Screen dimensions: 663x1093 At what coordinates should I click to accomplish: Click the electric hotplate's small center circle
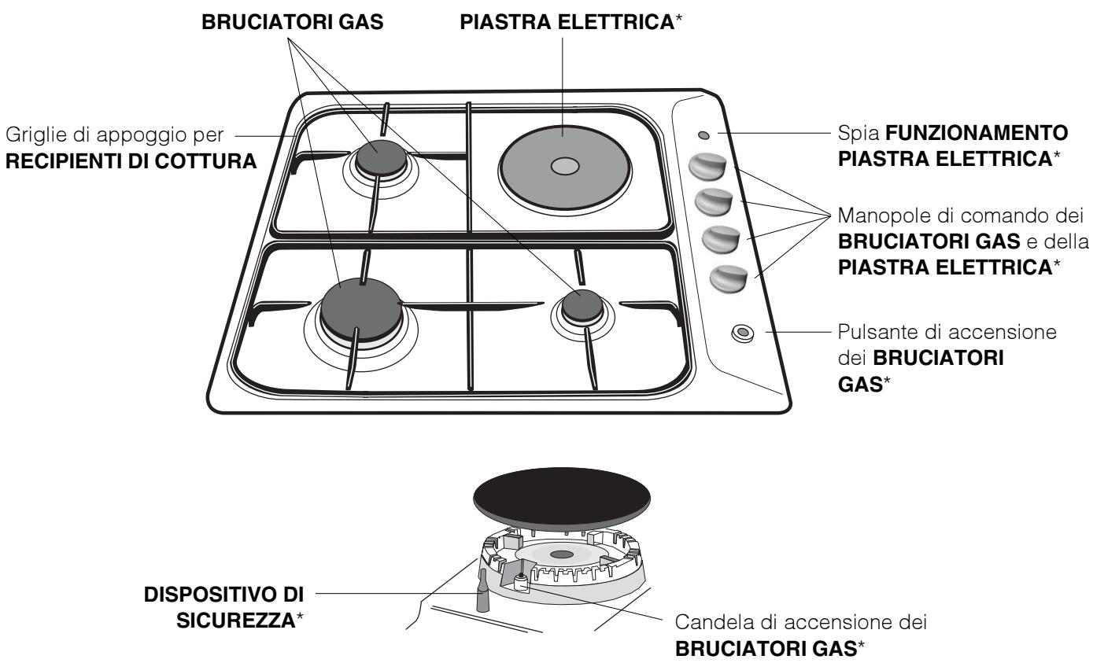coord(565,167)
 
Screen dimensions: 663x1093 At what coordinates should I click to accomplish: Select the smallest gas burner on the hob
coord(581,304)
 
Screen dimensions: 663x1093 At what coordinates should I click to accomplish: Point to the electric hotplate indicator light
coord(702,134)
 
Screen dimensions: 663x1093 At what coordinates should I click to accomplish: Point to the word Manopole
coord(873,216)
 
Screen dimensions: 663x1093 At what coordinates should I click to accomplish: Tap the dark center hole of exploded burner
coord(561,555)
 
